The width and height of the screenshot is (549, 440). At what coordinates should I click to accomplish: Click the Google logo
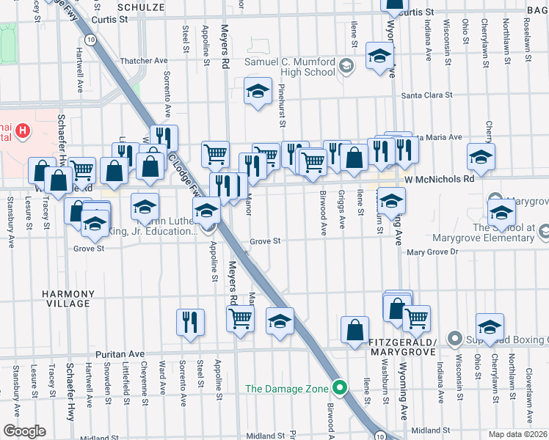[x=23, y=431]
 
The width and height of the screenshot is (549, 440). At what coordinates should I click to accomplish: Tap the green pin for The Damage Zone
[x=339, y=388]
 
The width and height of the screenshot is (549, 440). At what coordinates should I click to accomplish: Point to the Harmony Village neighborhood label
[x=68, y=299]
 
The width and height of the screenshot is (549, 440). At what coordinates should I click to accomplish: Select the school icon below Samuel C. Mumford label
[x=258, y=92]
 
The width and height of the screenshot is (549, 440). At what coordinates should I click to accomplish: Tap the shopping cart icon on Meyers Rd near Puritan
[x=241, y=319]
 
